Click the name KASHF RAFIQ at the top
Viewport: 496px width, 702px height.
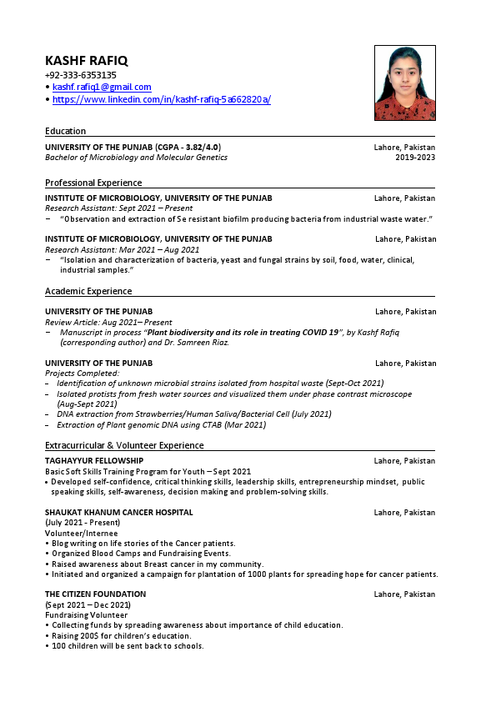(x=86, y=61)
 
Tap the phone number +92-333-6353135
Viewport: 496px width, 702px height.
(x=80, y=75)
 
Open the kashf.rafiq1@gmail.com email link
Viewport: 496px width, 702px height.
(x=102, y=87)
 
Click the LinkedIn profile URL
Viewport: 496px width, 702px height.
(x=161, y=99)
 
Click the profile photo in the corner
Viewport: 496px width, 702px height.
(x=405, y=83)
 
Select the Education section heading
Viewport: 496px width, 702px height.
(x=65, y=131)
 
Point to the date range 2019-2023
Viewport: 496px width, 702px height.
(x=415, y=157)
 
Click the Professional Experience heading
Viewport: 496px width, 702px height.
(x=93, y=183)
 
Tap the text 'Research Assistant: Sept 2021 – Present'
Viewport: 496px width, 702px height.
(x=118, y=208)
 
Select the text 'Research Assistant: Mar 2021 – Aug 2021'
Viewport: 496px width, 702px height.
(x=122, y=249)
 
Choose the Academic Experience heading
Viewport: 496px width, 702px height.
(x=88, y=291)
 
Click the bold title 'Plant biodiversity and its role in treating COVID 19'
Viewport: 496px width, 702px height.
(x=243, y=332)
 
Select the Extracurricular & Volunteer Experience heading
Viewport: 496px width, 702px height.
(x=124, y=445)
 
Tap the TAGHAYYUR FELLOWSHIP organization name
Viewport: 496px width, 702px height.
(x=94, y=461)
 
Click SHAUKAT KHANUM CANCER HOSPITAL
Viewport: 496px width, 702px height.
(x=118, y=513)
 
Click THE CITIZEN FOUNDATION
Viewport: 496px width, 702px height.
(x=95, y=594)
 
